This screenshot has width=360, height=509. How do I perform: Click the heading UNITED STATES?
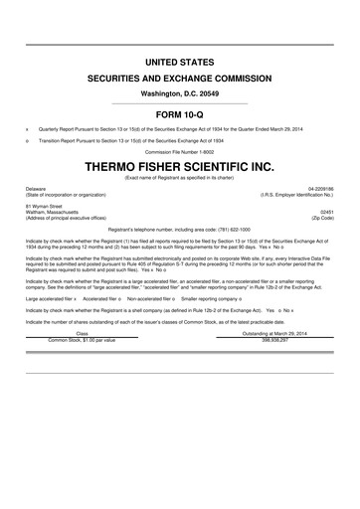[180, 63]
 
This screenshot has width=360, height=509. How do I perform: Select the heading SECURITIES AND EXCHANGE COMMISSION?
[180, 78]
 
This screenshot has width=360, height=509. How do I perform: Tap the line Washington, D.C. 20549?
[180, 92]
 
